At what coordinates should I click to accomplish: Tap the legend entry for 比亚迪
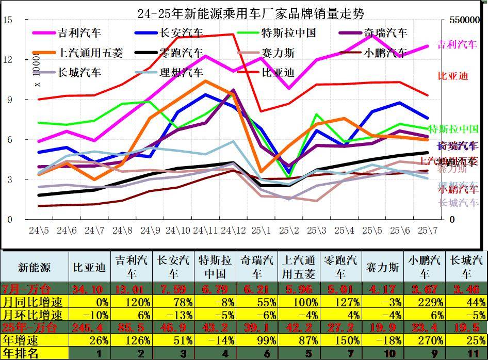[278, 72]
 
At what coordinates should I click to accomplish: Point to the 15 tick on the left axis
[8, 20]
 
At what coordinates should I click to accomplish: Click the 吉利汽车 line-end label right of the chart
[457, 45]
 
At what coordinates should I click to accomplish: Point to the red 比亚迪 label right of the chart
[453, 76]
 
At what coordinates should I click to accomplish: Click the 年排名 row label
[20, 353]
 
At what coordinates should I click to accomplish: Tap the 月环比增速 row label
[33, 315]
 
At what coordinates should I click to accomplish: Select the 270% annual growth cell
[425, 340]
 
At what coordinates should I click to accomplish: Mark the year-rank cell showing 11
[466, 353]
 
